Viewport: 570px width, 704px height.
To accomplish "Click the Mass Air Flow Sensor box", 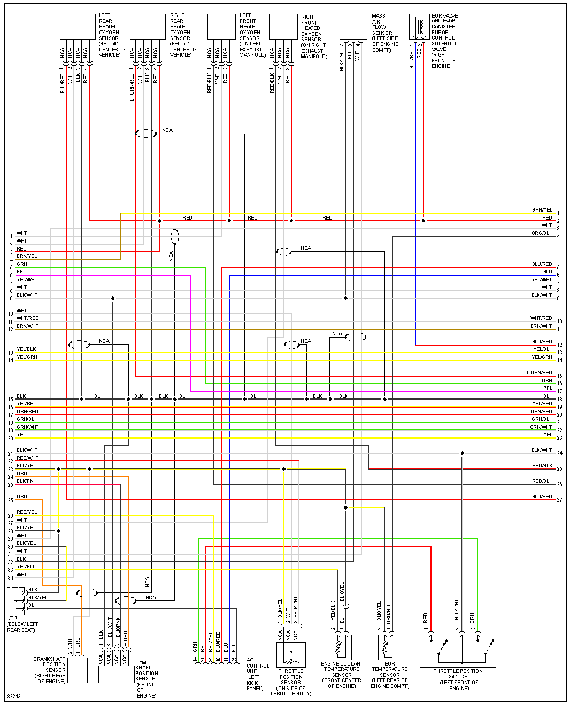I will click(x=353, y=27).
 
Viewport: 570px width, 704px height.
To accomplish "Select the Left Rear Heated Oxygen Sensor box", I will click(x=78, y=27).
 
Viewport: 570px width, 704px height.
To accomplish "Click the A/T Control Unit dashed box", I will click(x=202, y=678).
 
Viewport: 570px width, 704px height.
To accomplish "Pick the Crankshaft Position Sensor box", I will click(x=78, y=669).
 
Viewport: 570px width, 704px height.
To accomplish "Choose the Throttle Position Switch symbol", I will click(x=458, y=651).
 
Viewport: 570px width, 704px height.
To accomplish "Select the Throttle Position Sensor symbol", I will click(x=291, y=654).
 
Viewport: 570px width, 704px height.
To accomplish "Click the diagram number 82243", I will click(x=14, y=697).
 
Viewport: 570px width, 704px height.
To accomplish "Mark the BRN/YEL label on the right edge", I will click(x=542, y=210).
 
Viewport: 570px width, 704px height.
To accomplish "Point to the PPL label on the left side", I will click(x=21, y=272).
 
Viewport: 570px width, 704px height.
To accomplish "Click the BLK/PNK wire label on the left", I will click(x=27, y=481).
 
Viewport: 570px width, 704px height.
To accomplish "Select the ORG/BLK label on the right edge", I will click(x=542, y=233).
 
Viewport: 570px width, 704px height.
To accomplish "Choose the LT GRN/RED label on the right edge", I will click(x=538, y=373).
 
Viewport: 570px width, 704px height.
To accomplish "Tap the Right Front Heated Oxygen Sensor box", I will click(x=283, y=27).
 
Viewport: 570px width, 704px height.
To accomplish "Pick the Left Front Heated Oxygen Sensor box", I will click(x=221, y=27).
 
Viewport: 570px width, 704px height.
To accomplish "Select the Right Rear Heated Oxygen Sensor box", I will click(x=148, y=27).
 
